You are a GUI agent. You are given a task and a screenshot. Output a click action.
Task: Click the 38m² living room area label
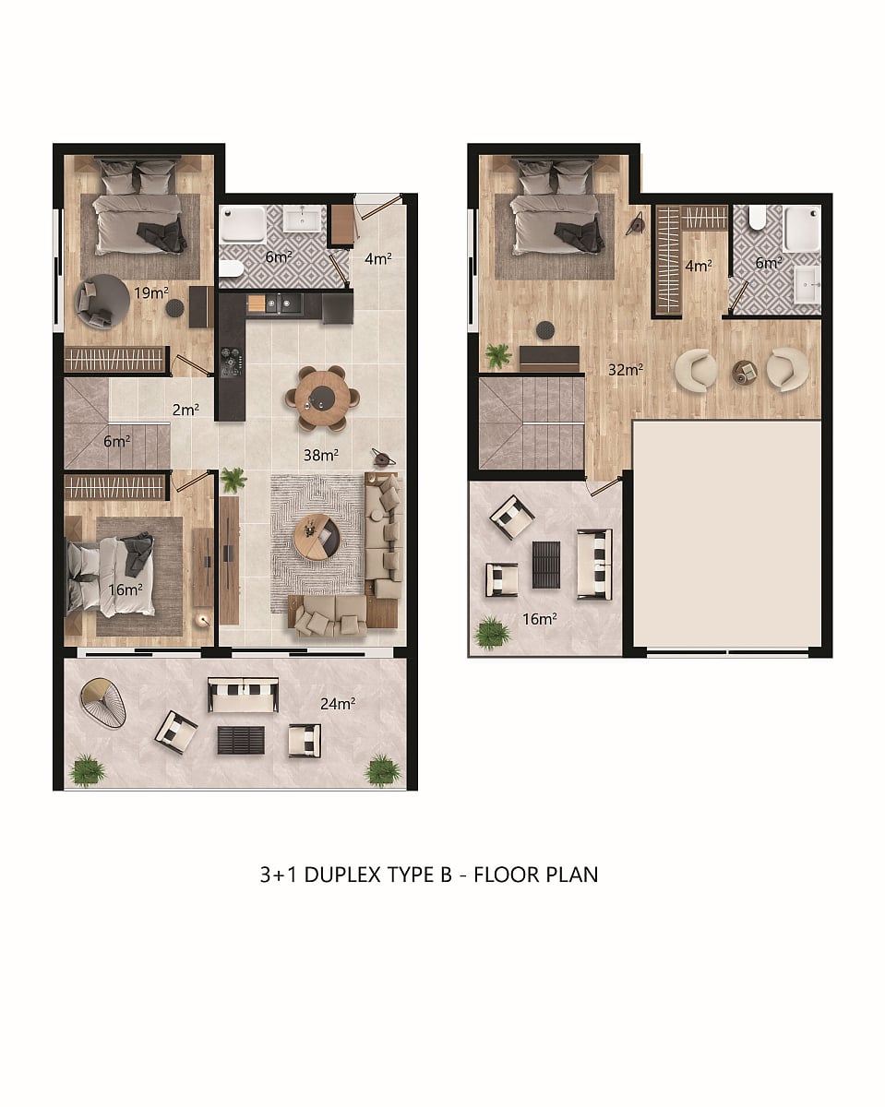320,455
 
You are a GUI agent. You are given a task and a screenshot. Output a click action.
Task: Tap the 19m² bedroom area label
151,292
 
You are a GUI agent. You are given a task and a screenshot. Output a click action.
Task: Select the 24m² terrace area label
338,703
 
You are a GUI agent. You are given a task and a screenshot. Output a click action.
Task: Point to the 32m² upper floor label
626,369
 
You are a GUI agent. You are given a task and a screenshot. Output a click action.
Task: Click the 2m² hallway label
185,410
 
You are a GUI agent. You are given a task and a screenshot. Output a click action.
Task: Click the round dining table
322,398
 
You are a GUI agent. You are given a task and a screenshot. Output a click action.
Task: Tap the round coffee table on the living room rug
317,537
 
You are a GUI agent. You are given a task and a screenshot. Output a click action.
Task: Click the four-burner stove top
231,362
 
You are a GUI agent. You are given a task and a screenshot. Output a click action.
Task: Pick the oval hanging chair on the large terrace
103,702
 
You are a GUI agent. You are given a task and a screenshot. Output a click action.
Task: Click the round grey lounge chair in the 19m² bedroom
102,301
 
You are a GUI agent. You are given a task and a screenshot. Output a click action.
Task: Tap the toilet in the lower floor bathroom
231,268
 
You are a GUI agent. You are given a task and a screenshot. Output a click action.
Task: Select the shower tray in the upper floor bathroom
801,229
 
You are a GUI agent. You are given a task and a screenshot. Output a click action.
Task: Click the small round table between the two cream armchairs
745,372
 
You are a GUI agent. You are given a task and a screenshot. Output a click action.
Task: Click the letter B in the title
446,875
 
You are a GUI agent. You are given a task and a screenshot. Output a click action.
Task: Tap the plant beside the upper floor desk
498,355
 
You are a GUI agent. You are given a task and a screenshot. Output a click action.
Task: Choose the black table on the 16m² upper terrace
546,565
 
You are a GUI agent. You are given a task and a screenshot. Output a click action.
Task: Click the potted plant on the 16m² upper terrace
492,634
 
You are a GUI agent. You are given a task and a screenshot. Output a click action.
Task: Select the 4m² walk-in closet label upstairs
699,266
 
